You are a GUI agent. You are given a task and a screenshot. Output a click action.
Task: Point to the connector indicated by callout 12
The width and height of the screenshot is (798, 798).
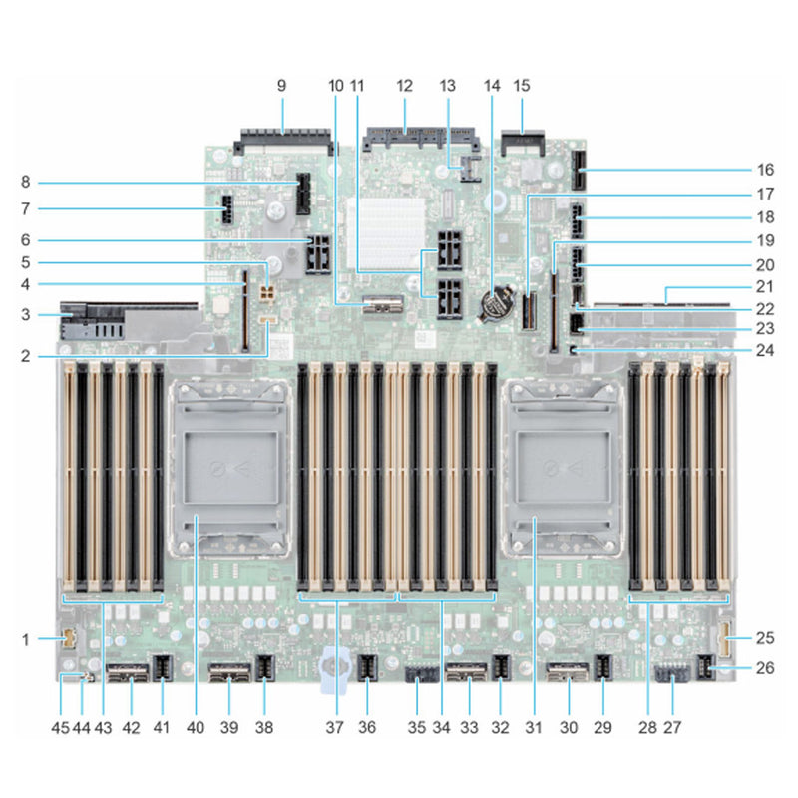point(404,135)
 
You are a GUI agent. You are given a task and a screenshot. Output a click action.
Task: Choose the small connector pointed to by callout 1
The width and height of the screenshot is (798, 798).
point(68,638)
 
